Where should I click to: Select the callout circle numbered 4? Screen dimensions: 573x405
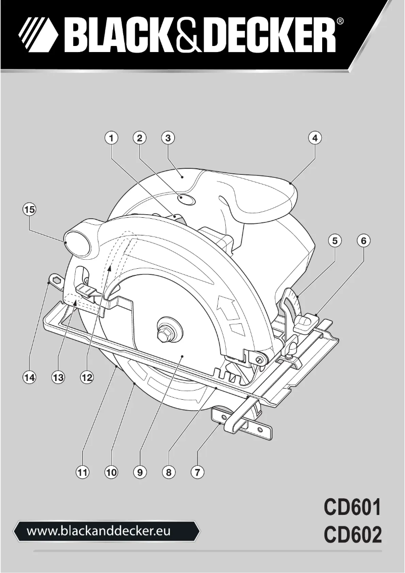315,137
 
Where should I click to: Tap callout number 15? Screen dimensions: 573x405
30,209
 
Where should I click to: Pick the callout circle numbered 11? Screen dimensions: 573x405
82,472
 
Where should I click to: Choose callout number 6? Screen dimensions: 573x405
363,241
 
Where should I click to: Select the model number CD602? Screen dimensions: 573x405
352,536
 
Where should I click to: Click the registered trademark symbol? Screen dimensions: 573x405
341,22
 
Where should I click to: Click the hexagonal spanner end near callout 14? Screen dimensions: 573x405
55,279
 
